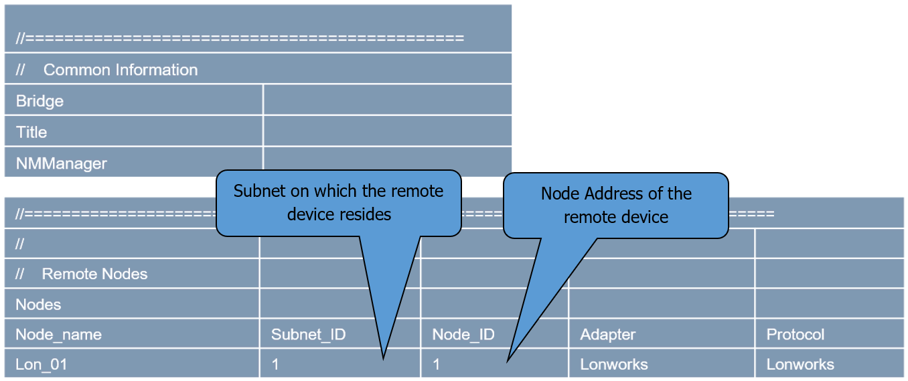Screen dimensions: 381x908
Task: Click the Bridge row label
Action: click(40, 101)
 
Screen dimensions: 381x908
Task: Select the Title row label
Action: click(31, 132)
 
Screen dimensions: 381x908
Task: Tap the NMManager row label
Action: click(61, 163)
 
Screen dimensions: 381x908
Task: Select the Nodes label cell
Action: click(38, 305)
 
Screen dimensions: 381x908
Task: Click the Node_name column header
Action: click(58, 335)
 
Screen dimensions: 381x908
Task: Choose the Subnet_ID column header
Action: click(308, 335)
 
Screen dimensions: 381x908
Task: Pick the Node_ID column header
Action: click(463, 335)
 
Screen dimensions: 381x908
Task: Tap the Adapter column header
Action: click(608, 335)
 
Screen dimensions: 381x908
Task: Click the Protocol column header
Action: click(796, 335)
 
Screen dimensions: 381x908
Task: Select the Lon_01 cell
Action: click(42, 365)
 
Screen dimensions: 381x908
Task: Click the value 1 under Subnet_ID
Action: click(275, 365)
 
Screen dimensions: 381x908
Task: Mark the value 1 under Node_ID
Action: click(437, 365)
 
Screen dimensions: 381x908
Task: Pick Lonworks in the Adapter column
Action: click(614, 365)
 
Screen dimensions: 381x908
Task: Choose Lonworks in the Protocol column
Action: click(800, 365)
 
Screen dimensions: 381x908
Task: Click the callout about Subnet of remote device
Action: click(338, 202)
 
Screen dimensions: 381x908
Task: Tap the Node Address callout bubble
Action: click(615, 205)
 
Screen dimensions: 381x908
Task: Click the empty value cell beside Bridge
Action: click(387, 100)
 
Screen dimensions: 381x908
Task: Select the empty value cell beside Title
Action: click(387, 131)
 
